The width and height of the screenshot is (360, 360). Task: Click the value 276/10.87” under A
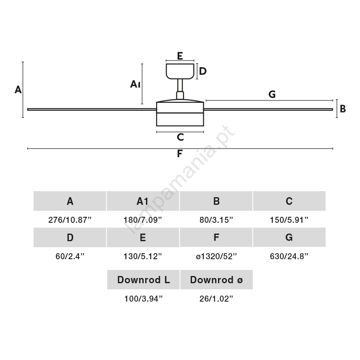point(70,220)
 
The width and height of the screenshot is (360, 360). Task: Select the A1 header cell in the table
point(143,201)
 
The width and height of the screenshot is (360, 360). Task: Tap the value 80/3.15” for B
point(216,220)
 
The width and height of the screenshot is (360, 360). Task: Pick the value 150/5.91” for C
point(289,220)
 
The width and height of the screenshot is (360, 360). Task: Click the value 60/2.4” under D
point(70,256)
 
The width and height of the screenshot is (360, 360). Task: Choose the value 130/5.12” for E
point(143,256)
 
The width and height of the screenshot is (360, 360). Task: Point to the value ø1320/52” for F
point(216,256)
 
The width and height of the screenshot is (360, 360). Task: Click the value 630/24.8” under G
point(289,256)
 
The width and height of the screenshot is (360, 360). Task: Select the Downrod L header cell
point(143,280)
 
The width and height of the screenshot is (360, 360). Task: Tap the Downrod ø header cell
point(216,280)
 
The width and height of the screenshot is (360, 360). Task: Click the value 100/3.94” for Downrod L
point(143,299)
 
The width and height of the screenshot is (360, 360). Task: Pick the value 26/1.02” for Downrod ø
point(216,299)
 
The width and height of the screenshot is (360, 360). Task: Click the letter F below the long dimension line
point(180,154)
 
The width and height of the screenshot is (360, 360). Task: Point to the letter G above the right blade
point(272,94)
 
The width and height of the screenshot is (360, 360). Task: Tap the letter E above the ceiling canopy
point(180,56)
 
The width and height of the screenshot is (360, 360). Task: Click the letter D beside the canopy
point(203,71)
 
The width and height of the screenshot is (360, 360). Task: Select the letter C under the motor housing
point(180,137)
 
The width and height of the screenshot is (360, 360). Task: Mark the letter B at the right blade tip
point(343,108)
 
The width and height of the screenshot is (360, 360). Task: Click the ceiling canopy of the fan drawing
point(180,71)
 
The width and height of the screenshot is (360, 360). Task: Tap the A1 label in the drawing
point(135,84)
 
